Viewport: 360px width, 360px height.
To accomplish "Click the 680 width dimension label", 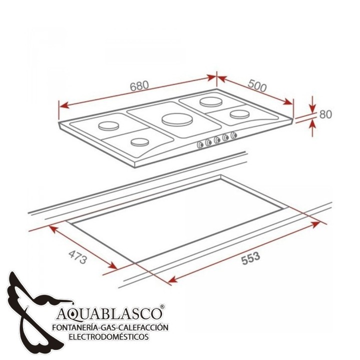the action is [x=139, y=85].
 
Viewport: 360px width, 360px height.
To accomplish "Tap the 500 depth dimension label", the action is [x=257, y=86].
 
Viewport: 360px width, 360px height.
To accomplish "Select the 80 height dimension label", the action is [x=325, y=114].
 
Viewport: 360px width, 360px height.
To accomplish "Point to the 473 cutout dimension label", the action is [x=78, y=257].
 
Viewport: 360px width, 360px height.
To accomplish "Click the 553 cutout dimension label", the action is [x=250, y=258].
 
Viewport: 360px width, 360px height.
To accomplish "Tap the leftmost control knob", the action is [x=200, y=144].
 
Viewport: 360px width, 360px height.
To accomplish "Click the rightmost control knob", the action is [x=233, y=135].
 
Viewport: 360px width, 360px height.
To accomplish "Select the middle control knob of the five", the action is [x=216, y=139].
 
